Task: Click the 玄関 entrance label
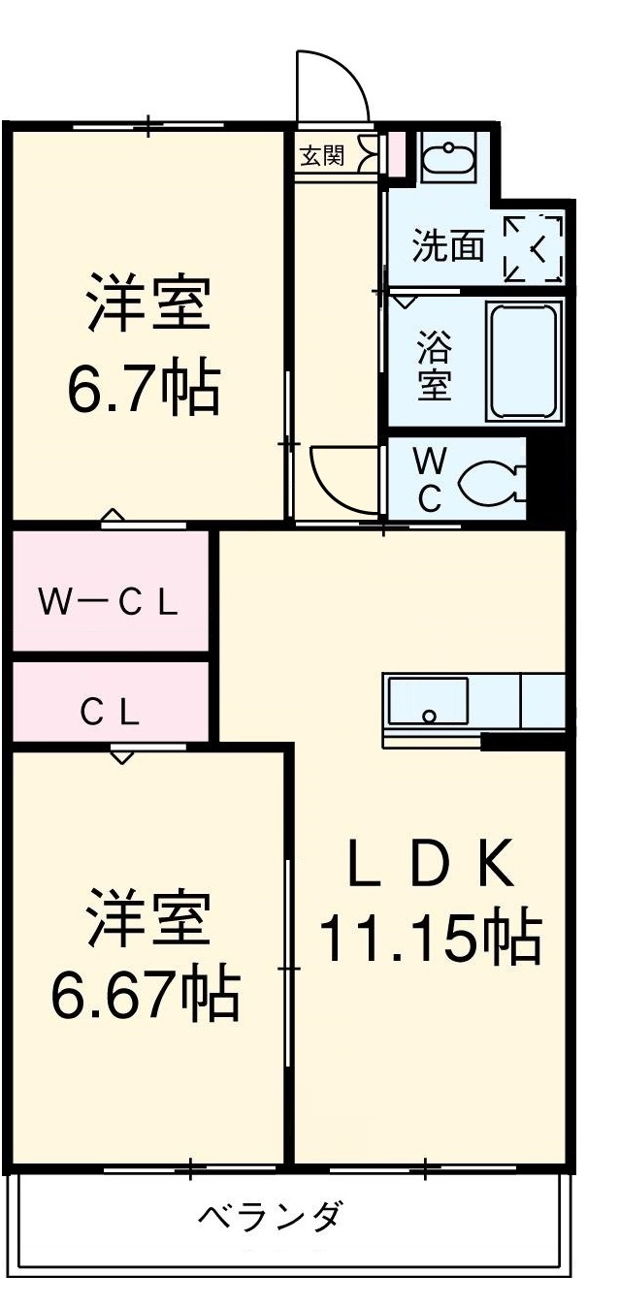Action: point(321,155)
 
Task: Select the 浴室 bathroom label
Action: point(433,365)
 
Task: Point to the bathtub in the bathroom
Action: point(523,360)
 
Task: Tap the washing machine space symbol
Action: point(534,248)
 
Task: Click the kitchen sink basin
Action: point(428,700)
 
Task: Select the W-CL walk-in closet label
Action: point(109,603)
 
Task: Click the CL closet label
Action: point(110,714)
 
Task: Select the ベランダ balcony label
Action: point(271,1216)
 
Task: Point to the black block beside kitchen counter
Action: point(523,742)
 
